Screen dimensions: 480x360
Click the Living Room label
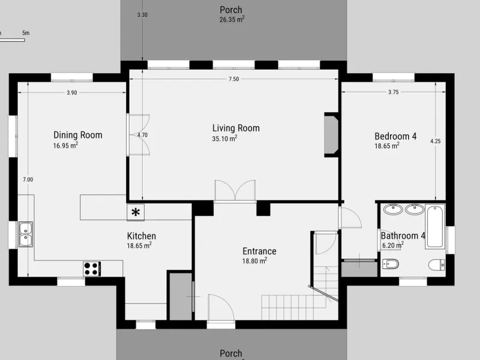point(236,128)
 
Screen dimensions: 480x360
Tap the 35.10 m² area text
point(224,139)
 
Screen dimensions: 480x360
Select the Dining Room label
point(78,135)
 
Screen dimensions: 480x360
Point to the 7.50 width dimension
point(233,79)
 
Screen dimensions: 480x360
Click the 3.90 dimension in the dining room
point(72,93)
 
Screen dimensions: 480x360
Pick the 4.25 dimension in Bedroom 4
point(436,141)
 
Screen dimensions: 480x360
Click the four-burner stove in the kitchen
point(92,269)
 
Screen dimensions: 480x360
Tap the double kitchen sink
point(26,234)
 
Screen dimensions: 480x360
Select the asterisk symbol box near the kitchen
point(136,212)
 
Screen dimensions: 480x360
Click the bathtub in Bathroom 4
point(434,227)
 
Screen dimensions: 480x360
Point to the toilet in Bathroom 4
point(437,265)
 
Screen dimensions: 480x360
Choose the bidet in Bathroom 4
point(391,265)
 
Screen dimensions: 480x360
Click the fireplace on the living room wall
point(331,135)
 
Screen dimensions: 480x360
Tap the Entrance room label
point(259,251)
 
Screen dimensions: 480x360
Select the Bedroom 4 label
point(395,136)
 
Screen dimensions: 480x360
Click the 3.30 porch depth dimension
point(142,14)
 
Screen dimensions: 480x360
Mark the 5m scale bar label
point(26,33)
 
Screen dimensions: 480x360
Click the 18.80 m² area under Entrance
point(254,261)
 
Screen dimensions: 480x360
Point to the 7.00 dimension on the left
point(28,179)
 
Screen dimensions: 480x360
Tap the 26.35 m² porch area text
point(232,20)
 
